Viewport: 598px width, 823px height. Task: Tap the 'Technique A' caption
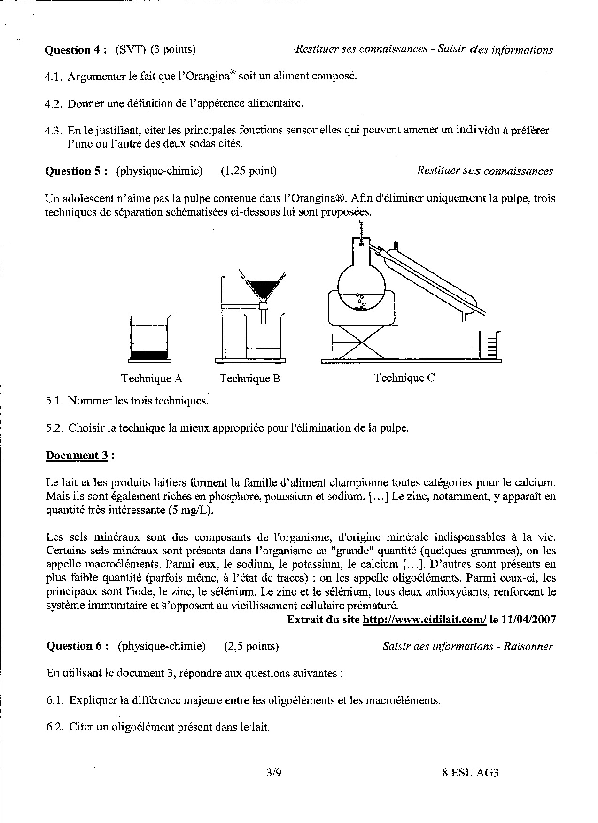pyautogui.click(x=152, y=379)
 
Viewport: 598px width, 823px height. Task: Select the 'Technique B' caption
pyautogui.click(x=250, y=379)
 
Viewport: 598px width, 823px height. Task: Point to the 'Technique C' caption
pyautogui.click(x=404, y=378)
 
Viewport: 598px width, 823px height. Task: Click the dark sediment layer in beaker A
pyautogui.click(x=149, y=356)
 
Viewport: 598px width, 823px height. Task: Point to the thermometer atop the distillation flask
pyautogui.click(x=361, y=232)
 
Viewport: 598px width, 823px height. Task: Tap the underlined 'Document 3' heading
pyautogui.click(x=78, y=455)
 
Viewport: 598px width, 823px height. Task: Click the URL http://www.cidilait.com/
pyautogui.click(x=425, y=620)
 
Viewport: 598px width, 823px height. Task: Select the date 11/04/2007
pyautogui.click(x=529, y=620)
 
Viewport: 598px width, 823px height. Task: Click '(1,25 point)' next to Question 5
pyautogui.click(x=249, y=171)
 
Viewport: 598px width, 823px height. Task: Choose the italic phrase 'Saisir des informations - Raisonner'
pyautogui.click(x=467, y=646)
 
